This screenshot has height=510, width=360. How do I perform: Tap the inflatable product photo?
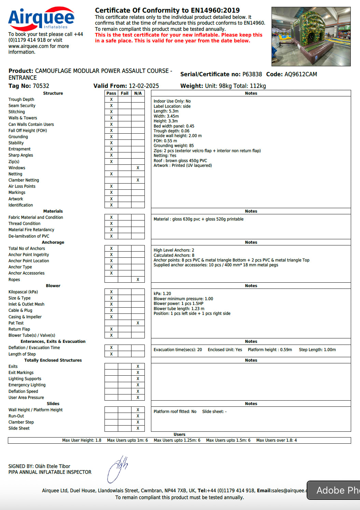(311, 36)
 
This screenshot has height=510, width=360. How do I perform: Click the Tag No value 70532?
(41, 86)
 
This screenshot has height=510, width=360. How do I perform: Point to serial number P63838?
(252, 75)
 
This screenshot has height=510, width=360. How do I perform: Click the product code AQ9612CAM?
(301, 75)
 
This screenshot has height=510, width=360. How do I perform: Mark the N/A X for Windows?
(138, 168)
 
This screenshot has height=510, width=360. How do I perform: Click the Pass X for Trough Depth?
(111, 99)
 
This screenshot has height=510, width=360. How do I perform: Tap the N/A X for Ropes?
(138, 280)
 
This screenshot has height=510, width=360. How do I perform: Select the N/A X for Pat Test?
(138, 323)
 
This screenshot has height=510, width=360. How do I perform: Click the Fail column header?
(125, 93)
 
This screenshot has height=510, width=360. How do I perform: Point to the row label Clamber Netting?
(24, 180)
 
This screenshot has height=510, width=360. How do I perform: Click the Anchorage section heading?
(53, 242)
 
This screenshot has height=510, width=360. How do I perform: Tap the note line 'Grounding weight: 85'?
(174, 146)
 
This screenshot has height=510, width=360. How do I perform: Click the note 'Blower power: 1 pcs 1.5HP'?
(178, 304)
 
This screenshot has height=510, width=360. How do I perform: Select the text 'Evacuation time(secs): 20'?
(178, 350)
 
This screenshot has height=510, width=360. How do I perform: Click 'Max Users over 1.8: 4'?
(276, 440)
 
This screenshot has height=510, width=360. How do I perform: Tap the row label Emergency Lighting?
(27, 385)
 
